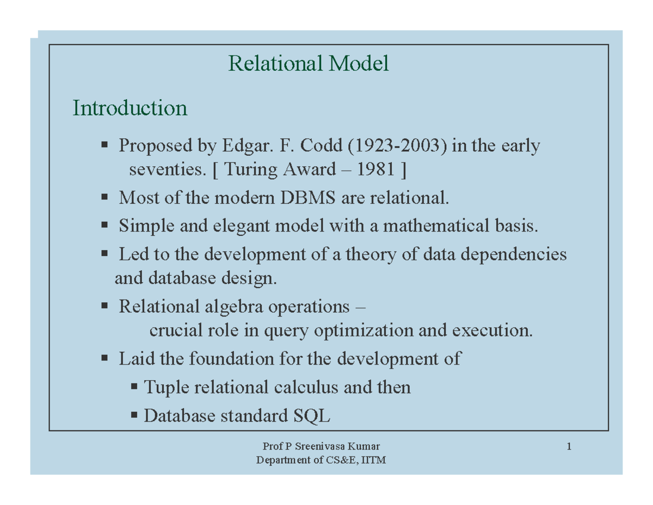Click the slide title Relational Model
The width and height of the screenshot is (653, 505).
coord(309,64)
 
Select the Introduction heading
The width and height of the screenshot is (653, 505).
coord(130,108)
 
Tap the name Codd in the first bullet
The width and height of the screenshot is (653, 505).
coord(321,146)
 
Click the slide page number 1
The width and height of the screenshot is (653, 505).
coord(569,448)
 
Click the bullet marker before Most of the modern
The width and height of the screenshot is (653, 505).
coord(104,197)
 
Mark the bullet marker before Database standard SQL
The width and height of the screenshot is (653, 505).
coord(134,416)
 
